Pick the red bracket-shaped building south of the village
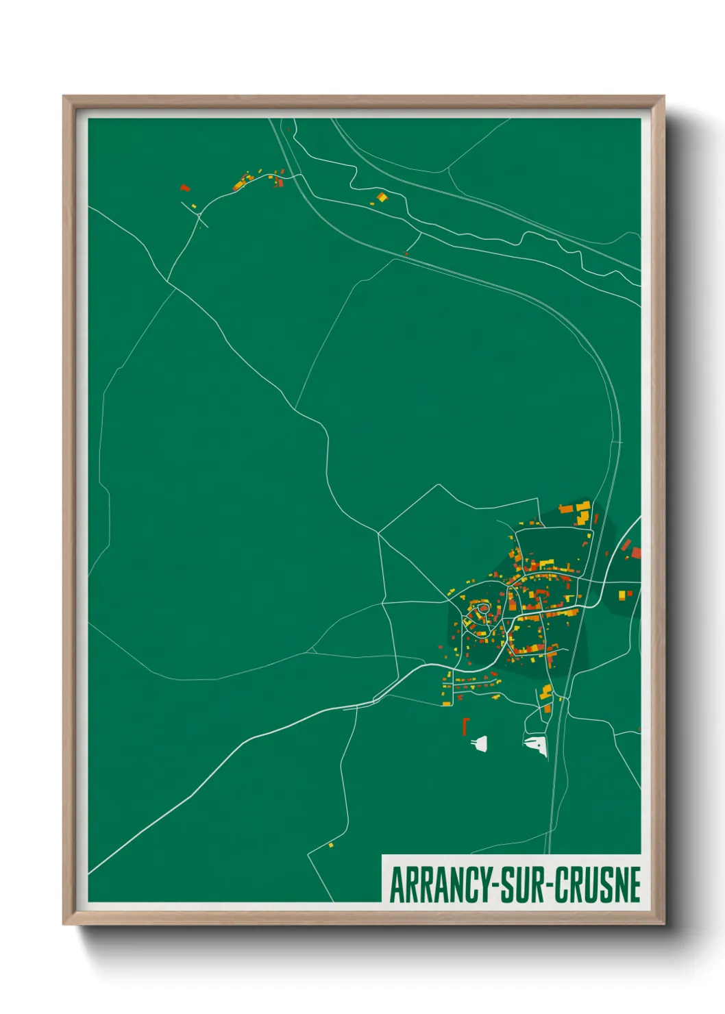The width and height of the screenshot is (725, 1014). tap(465, 726)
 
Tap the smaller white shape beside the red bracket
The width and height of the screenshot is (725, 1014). tap(480, 743)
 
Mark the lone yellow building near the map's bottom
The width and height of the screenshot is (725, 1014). tap(330, 845)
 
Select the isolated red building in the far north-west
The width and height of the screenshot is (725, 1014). tap(184, 187)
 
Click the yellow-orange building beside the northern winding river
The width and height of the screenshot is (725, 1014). tap(381, 197)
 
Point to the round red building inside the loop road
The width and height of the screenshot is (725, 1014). tap(482, 607)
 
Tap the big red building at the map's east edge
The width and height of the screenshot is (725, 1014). tap(635, 552)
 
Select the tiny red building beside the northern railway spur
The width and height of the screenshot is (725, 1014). tap(406, 254)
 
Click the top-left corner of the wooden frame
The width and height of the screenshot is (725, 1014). tap(64, 97)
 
